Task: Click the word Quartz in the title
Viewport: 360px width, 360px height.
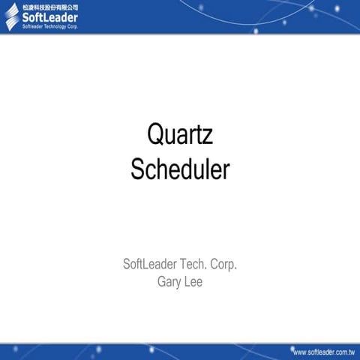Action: point(180,136)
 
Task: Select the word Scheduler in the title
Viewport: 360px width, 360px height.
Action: point(180,169)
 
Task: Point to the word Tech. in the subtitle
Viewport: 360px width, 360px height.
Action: point(192,265)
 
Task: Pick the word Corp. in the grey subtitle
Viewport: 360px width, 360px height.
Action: point(223,265)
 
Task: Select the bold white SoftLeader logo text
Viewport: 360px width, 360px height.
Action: point(49,17)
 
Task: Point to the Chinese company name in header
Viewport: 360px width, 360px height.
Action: point(49,6)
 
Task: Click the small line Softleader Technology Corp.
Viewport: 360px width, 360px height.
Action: point(49,26)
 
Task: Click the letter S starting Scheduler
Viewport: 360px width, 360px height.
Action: point(138,169)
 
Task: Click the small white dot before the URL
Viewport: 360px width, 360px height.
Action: point(289,351)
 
